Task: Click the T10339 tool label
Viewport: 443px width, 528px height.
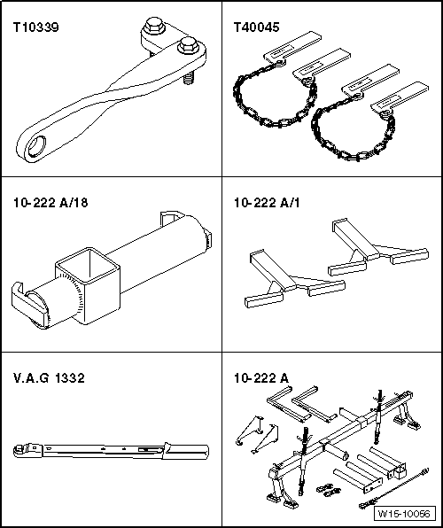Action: [x=35, y=27]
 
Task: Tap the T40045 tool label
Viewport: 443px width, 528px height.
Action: [x=256, y=27]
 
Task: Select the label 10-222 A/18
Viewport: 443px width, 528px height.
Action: [x=51, y=203]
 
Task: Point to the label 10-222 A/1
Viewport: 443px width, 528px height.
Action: [x=267, y=203]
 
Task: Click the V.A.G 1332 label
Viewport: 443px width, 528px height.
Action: [x=49, y=378]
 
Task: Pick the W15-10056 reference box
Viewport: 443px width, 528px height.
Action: [x=404, y=514]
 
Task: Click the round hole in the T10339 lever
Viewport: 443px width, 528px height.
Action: [x=36, y=147]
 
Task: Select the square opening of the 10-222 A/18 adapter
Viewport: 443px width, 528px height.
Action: [x=89, y=267]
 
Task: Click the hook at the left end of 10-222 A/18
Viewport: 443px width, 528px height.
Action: [x=26, y=303]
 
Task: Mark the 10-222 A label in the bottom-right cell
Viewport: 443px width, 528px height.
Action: [x=261, y=378]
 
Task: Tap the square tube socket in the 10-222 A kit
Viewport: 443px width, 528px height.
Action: [x=397, y=470]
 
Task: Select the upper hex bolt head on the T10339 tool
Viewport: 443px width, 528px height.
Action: [x=154, y=26]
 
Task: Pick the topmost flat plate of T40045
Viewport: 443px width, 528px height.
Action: [x=291, y=47]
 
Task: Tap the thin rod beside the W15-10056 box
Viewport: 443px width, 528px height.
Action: [x=394, y=487]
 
